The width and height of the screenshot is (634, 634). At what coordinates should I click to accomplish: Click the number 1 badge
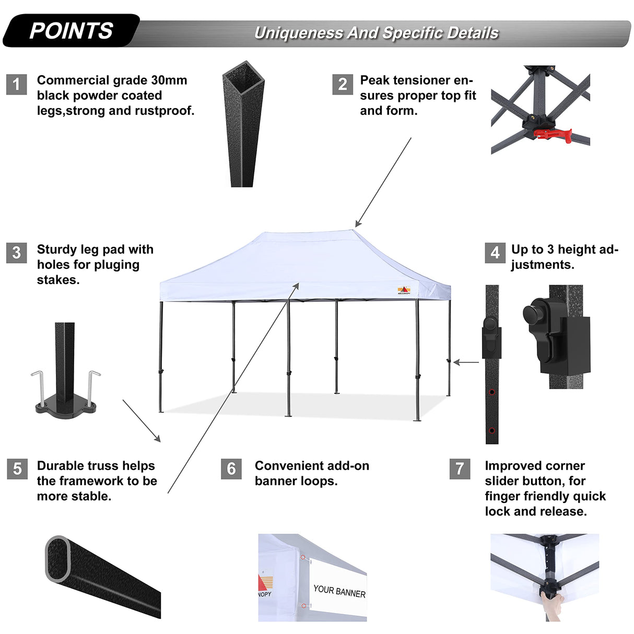click(16, 84)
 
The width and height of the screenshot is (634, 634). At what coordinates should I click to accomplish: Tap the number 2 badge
click(343, 84)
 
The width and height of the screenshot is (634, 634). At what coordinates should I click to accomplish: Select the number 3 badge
click(16, 253)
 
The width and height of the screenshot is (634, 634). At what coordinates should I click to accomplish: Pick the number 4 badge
click(495, 253)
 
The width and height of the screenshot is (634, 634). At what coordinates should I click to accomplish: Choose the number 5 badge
click(17, 468)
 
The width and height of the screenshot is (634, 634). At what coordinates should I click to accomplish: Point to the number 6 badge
click(231, 468)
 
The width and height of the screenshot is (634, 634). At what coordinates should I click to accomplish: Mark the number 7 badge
click(460, 468)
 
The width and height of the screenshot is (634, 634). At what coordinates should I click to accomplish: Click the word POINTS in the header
click(71, 31)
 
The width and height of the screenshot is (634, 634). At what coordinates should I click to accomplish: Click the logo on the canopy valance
click(404, 290)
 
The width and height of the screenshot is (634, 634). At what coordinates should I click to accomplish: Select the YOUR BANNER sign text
click(339, 591)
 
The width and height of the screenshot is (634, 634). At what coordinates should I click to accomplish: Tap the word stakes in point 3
click(57, 280)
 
